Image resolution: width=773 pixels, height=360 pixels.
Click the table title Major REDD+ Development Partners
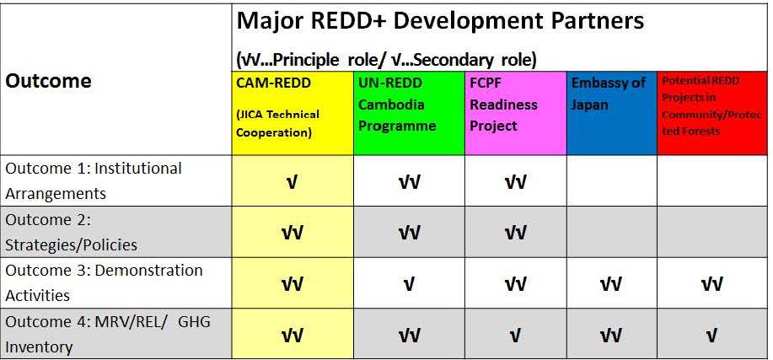[x=440, y=22]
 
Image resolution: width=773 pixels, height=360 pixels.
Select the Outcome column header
[x=48, y=81]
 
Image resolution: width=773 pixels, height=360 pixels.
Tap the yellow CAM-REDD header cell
[x=293, y=113]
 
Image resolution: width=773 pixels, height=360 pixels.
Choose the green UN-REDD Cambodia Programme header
[x=409, y=113]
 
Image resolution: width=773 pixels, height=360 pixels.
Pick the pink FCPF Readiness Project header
[x=516, y=113]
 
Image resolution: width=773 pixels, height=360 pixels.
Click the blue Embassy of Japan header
[x=612, y=113]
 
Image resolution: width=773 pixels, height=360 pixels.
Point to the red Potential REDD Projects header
[x=712, y=113]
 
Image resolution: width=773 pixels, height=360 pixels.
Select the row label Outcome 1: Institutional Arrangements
[x=94, y=180]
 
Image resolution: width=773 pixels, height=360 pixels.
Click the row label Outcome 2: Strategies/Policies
[x=72, y=232]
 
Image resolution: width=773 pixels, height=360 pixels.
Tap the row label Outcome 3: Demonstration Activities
[x=104, y=282]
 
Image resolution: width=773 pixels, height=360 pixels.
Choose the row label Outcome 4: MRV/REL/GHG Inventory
[x=108, y=334]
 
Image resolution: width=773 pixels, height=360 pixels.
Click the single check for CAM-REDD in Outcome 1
[x=292, y=183]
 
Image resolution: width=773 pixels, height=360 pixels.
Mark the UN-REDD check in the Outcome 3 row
[x=409, y=285]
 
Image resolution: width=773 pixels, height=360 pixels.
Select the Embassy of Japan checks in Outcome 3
[x=611, y=285]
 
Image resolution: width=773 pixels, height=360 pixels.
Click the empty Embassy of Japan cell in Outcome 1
[x=612, y=180]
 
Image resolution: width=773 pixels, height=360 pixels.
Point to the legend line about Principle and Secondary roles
[x=386, y=60]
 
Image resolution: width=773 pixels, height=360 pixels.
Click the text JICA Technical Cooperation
[x=278, y=123]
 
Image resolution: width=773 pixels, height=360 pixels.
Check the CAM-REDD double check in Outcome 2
[x=292, y=234]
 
